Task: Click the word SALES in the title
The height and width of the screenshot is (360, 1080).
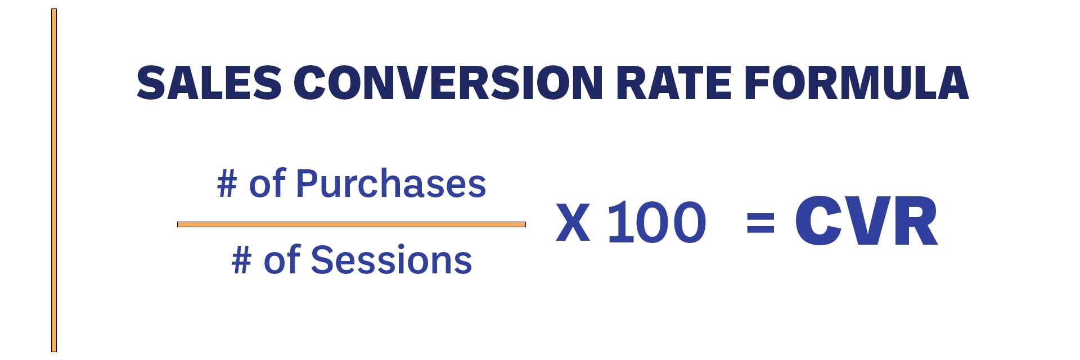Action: pyautogui.click(x=209, y=83)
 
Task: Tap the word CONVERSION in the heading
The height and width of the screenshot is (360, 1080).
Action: pyautogui.click(x=448, y=83)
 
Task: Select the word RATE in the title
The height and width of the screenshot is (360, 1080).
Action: pyautogui.click(x=673, y=83)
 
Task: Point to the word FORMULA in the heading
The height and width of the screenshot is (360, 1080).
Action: pyautogui.click(x=856, y=83)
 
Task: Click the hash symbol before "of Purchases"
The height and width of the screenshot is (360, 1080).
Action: pyautogui.click(x=227, y=184)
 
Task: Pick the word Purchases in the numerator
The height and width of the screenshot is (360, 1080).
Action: pyautogui.click(x=391, y=184)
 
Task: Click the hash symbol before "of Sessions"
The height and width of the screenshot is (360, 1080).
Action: pyautogui.click(x=242, y=260)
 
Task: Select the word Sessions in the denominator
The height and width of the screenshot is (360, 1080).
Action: pyautogui.click(x=391, y=260)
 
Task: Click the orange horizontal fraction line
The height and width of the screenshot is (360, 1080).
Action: pyautogui.click(x=352, y=224)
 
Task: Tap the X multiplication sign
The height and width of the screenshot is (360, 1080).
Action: pyautogui.click(x=573, y=222)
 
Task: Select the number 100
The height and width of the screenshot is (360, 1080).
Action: pyautogui.click(x=657, y=222)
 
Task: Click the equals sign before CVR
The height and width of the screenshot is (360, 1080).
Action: pyautogui.click(x=760, y=222)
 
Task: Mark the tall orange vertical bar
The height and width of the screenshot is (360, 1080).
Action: pyautogui.click(x=54, y=181)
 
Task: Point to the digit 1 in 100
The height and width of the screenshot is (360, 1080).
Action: pyautogui.click(x=619, y=222)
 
